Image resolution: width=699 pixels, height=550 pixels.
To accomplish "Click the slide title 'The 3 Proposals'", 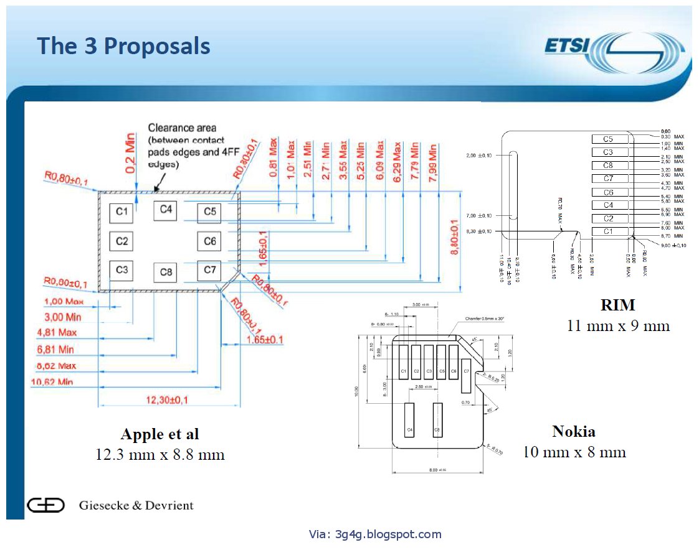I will point(123,46).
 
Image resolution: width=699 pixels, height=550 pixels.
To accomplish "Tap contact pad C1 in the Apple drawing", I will point(121,213).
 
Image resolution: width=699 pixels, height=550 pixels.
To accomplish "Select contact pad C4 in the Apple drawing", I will point(166,210).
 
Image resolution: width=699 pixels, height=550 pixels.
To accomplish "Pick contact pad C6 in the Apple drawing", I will point(209,241).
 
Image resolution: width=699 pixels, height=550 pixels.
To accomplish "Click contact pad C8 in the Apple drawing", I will point(166,273).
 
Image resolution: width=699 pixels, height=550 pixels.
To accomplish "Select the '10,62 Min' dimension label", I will point(52,381).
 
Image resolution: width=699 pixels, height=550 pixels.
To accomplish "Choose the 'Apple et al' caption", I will point(160,434).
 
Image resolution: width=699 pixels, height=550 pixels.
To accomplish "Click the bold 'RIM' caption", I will point(617,305).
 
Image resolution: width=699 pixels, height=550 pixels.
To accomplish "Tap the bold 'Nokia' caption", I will point(573,431).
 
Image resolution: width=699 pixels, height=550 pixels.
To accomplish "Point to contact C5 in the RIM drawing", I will point(607,139).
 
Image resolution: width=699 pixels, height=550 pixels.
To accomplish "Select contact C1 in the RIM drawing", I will point(607,231).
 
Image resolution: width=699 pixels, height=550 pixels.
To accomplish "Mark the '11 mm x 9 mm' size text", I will point(618,325).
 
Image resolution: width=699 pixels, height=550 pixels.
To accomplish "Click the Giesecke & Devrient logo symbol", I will point(45,505).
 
